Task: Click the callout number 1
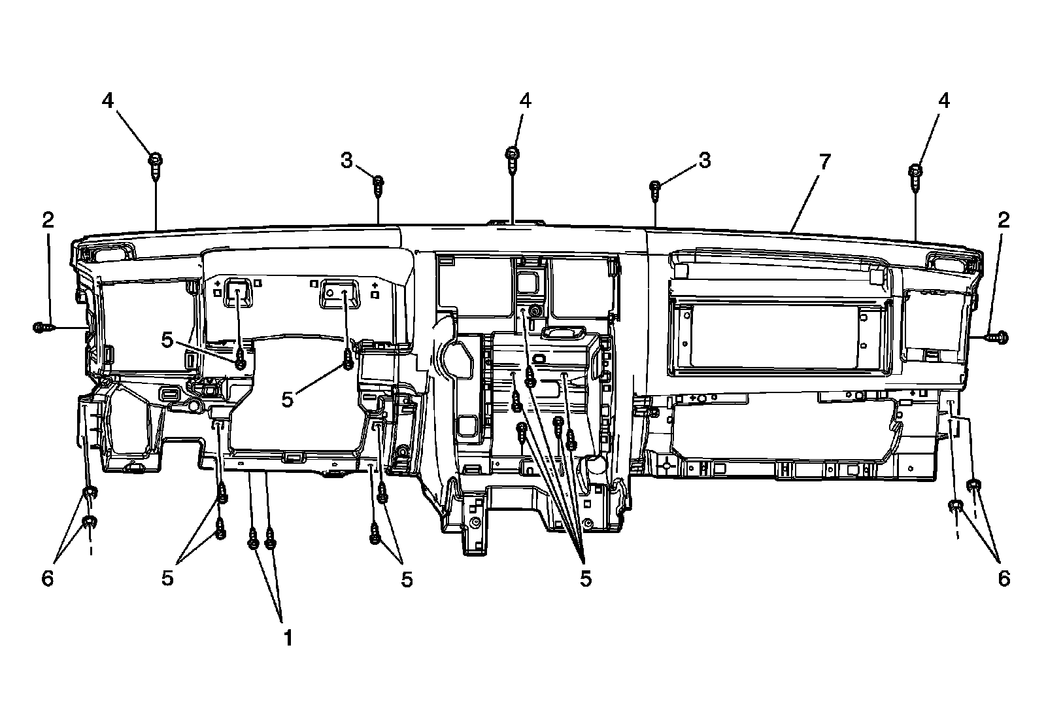click(287, 637)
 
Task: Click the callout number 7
click(824, 161)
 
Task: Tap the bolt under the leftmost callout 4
click(156, 165)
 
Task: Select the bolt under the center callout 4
click(513, 158)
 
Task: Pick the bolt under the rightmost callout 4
click(916, 176)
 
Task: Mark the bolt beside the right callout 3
click(655, 189)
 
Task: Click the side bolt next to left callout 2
click(41, 327)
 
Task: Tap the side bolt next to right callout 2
click(998, 337)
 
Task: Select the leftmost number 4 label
click(107, 100)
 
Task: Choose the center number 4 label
click(525, 100)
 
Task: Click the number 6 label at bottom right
click(1004, 578)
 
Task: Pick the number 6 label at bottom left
click(48, 578)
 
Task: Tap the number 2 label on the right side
click(1003, 220)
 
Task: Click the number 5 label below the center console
click(585, 578)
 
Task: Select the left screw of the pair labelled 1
click(254, 540)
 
